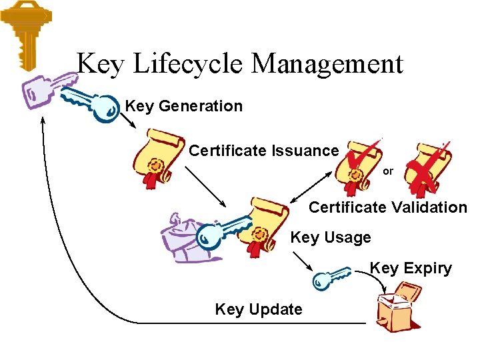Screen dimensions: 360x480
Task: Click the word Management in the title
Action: click(327, 64)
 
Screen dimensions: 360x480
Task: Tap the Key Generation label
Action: click(183, 106)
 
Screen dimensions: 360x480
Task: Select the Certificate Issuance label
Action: click(263, 151)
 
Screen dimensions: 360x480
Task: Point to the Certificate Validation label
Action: click(388, 207)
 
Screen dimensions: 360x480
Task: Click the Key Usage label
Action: click(331, 237)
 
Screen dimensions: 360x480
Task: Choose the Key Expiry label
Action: click(411, 268)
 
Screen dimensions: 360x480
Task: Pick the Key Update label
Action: click(259, 309)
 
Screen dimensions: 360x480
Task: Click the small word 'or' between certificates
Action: click(388, 171)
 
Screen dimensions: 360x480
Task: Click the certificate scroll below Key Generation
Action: click(159, 156)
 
